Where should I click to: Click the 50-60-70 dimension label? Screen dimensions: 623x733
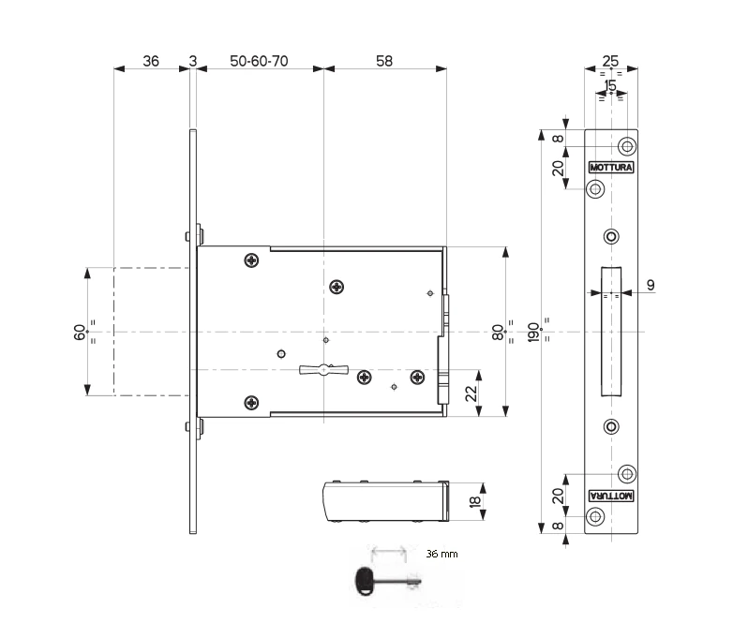coord(259,61)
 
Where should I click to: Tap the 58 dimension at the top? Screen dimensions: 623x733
coord(384,61)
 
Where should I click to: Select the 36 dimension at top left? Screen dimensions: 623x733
coord(150,61)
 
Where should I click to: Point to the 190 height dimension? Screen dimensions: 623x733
coord(533,333)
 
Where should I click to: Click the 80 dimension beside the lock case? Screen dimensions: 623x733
coord(498,332)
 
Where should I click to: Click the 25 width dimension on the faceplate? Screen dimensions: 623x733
coord(610,62)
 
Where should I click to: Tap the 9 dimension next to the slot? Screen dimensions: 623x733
coord(651,284)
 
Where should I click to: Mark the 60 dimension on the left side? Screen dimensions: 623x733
coord(80,332)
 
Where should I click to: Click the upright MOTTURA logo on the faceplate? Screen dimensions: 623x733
coord(611,168)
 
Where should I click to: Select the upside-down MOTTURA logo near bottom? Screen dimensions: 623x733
coord(611,495)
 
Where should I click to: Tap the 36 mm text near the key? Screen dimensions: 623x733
coord(442,555)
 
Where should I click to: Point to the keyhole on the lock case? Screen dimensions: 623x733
coord(322,369)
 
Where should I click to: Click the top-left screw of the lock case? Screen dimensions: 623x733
coord(250,260)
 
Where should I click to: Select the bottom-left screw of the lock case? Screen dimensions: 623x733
coord(250,403)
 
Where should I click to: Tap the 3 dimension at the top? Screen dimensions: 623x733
coord(193,61)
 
